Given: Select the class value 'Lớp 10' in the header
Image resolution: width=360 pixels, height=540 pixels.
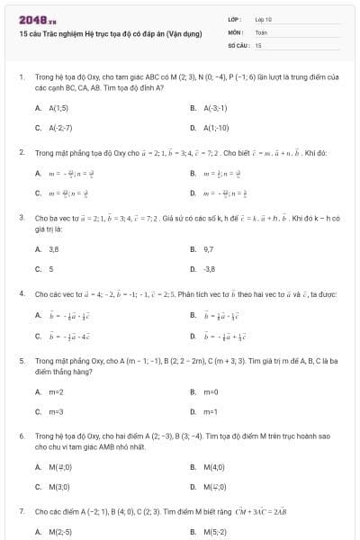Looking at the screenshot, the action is click(x=263, y=18).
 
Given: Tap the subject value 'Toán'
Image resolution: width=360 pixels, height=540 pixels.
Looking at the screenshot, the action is click(x=261, y=31).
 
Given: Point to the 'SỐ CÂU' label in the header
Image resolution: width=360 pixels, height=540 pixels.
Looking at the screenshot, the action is click(x=237, y=43).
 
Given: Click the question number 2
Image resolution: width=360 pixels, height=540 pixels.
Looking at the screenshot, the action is click(x=21, y=152).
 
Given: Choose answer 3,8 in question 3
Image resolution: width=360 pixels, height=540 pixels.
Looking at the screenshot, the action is click(x=54, y=247).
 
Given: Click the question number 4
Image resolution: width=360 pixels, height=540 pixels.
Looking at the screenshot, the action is click(x=21, y=293).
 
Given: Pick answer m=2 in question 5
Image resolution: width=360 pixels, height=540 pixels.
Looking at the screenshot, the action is click(x=56, y=391).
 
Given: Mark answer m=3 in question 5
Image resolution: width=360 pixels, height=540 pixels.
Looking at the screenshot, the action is click(x=56, y=411).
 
